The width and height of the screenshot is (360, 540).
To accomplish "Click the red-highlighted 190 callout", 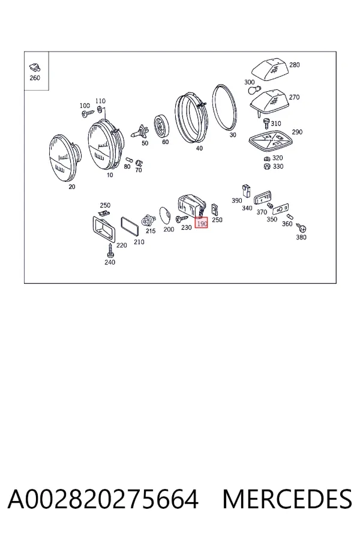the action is tap(201, 224).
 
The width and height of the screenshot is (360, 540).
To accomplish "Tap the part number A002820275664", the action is tap(103, 499).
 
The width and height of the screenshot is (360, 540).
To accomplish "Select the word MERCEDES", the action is tap(287, 499).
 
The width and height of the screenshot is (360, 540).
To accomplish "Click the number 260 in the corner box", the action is tap(35, 78).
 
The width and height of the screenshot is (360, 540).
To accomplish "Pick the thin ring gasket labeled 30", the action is tap(224, 107).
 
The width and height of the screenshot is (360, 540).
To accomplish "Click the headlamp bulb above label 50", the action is tap(140, 131).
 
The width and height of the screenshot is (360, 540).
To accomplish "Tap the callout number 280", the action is tap(295, 65).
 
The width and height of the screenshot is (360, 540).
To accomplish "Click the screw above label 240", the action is tap(110, 250).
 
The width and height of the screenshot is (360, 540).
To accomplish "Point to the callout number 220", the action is tap(122, 245).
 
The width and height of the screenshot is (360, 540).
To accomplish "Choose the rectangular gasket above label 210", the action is tap(130, 226).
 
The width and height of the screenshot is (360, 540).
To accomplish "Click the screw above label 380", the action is tap(302, 227).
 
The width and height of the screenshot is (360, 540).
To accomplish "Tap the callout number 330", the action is tap(278, 167).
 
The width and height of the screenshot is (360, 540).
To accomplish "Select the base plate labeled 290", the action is tap(271, 141).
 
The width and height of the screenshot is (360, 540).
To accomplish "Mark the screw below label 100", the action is tap(88, 113).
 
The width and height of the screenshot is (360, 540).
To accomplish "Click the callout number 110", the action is tap(100, 101).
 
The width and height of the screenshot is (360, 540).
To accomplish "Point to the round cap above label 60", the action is tap(161, 126).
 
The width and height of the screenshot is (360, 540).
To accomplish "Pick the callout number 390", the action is tap(236, 200).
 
